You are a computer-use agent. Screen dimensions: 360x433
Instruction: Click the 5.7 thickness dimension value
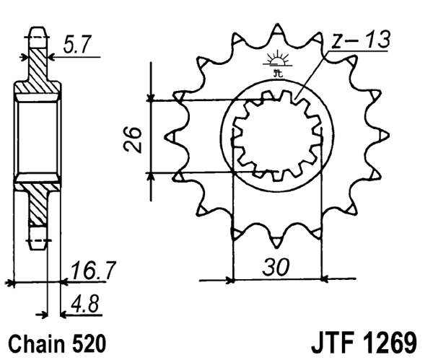click(x=78, y=45)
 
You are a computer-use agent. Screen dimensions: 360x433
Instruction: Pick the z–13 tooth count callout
click(x=361, y=40)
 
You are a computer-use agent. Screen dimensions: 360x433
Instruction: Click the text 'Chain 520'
click(x=58, y=341)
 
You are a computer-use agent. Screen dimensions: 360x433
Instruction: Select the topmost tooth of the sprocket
click(x=276, y=32)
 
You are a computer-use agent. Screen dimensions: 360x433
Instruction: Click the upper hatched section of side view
click(x=37, y=72)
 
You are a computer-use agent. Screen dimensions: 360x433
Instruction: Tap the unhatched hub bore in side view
click(x=37, y=136)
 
